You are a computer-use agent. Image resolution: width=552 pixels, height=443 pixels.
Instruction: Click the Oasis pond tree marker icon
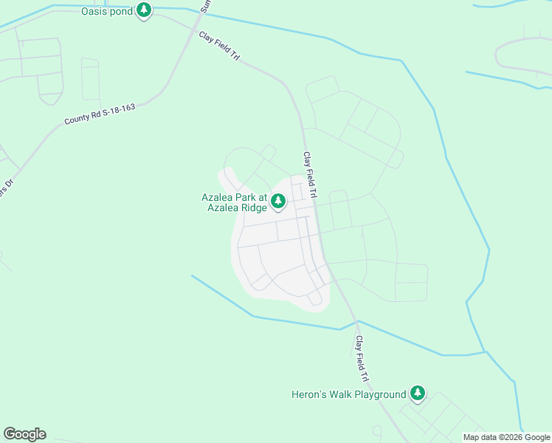pyautogui.click(x=145, y=11)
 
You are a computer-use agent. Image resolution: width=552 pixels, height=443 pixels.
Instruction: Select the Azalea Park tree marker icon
pyautogui.click(x=277, y=200)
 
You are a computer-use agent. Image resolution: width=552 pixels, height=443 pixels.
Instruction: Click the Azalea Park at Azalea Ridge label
pyautogui.click(x=235, y=202)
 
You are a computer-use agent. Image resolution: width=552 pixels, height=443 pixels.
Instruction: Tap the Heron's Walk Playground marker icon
pyautogui.click(x=418, y=394)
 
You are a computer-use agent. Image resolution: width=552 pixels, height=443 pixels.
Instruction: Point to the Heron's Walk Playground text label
pyautogui.click(x=349, y=394)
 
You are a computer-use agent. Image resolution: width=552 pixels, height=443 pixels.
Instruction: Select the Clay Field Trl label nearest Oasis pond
pyautogui.click(x=219, y=47)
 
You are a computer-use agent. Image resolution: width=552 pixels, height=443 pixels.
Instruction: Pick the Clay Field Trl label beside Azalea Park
pyautogui.click(x=309, y=175)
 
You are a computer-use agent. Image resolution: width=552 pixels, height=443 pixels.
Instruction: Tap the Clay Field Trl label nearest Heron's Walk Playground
pyautogui.click(x=362, y=359)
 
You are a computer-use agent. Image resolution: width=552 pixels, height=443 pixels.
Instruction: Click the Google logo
pyautogui.click(x=24, y=434)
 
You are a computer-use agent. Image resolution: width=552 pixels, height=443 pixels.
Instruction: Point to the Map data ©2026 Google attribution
pyautogui.click(x=507, y=437)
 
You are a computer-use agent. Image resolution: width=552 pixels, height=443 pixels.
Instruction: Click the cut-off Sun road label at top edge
pyautogui.click(x=206, y=7)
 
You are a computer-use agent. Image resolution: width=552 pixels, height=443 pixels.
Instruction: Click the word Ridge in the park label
pyautogui.click(x=251, y=207)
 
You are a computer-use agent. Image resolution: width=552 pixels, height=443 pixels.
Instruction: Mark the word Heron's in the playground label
pyautogui.click(x=306, y=394)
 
